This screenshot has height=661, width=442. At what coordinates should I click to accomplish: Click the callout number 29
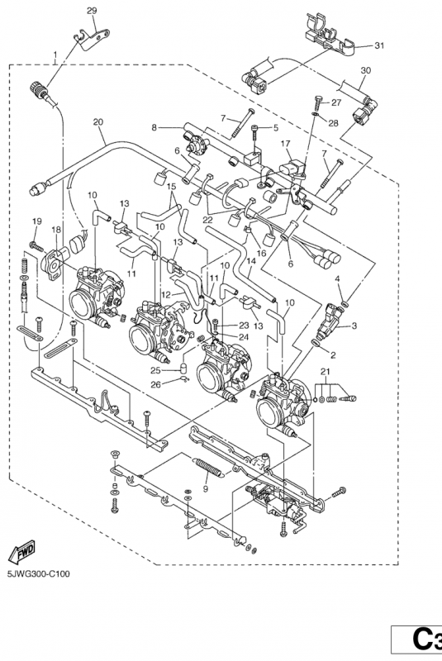pyautogui.click(x=92, y=10)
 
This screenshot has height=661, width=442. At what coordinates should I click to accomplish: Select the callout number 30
pyautogui.click(x=366, y=71)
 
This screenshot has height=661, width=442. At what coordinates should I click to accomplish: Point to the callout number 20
pyautogui.click(x=98, y=122)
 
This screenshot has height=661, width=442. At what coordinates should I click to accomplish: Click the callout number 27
pyautogui.click(x=336, y=102)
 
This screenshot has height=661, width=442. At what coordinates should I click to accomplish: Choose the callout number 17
pyautogui.click(x=285, y=143)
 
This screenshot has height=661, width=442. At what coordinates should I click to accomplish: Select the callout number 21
pyautogui.click(x=326, y=369)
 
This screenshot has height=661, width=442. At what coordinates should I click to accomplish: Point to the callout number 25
pyautogui.click(x=166, y=370)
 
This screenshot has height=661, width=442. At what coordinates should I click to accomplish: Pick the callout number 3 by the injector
pyautogui.click(x=354, y=326)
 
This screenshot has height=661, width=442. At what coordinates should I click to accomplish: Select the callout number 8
pyautogui.click(x=154, y=126)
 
